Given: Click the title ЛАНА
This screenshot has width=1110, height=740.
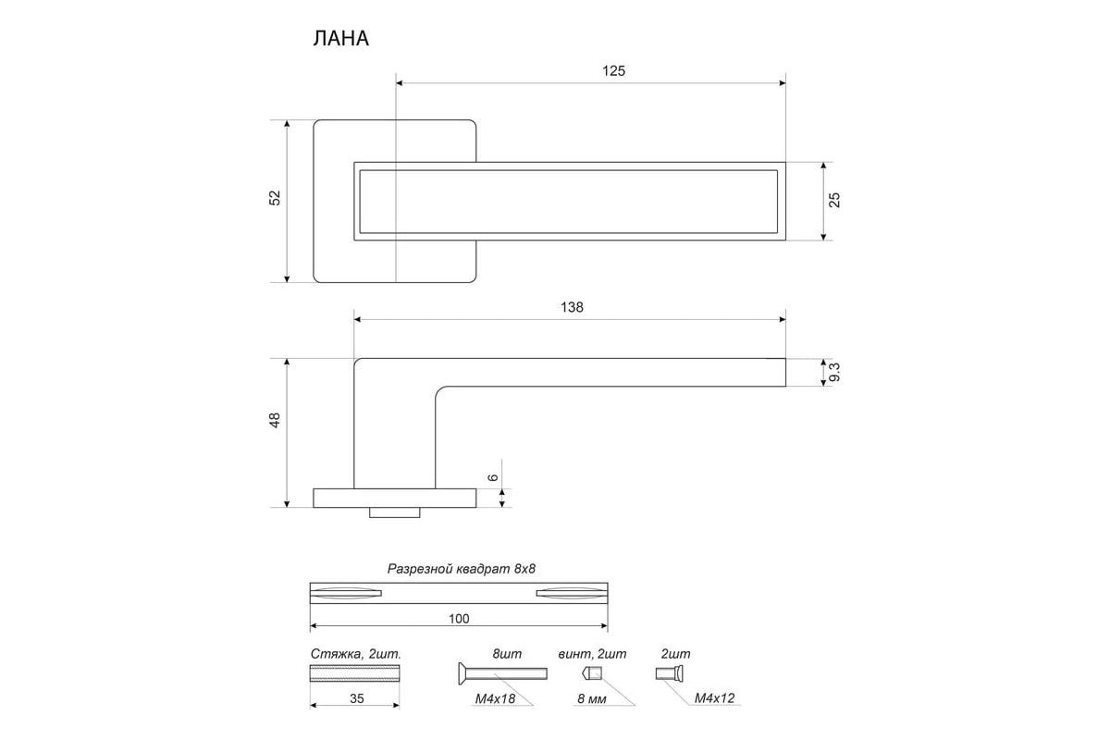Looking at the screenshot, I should coord(341,39).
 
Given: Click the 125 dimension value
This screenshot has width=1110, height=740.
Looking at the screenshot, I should coord(590,70).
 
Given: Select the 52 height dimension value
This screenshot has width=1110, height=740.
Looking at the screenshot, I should coord(275,198).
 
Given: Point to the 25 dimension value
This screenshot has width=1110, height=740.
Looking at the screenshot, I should coord(834,200).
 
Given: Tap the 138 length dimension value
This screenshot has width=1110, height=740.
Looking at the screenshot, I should coord(572,308).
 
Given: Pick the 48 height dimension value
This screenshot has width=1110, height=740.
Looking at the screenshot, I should coord(275,421).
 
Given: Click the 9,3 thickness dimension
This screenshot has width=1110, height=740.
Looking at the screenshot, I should coord(834,372).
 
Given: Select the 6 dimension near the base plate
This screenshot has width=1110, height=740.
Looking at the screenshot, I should coord(493,477).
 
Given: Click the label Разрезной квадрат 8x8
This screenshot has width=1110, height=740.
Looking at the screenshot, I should coord(461,569).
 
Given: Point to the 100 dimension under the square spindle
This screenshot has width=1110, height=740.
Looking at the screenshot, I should coord(459,619).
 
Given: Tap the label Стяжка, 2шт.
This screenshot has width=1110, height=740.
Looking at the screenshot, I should coord(355,654).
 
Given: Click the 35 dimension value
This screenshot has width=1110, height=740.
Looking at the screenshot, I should coord(356,699).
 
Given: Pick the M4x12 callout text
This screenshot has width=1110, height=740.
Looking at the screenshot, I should coord(714,698).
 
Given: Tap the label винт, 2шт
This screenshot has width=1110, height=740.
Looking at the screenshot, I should coord(592,654).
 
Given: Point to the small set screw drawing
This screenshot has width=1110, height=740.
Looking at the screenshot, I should coord(591,672).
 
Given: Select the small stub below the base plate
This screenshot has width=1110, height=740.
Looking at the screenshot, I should coord(396,512).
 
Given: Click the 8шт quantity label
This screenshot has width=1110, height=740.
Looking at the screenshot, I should coord(507,654).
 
